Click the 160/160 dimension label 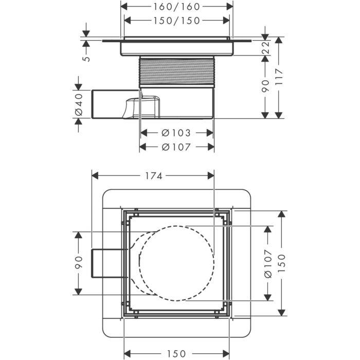click(x=176, y=7)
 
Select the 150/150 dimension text click(x=176, y=20)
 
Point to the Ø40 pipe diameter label click(x=78, y=104)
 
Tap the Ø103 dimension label click(x=176, y=133)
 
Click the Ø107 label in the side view click(x=176, y=147)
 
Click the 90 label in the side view click(x=265, y=85)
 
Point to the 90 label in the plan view click(x=78, y=262)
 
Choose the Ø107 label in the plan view click(x=267, y=262)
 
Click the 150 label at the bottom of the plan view click(x=176, y=353)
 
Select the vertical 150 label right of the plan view click(x=281, y=262)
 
